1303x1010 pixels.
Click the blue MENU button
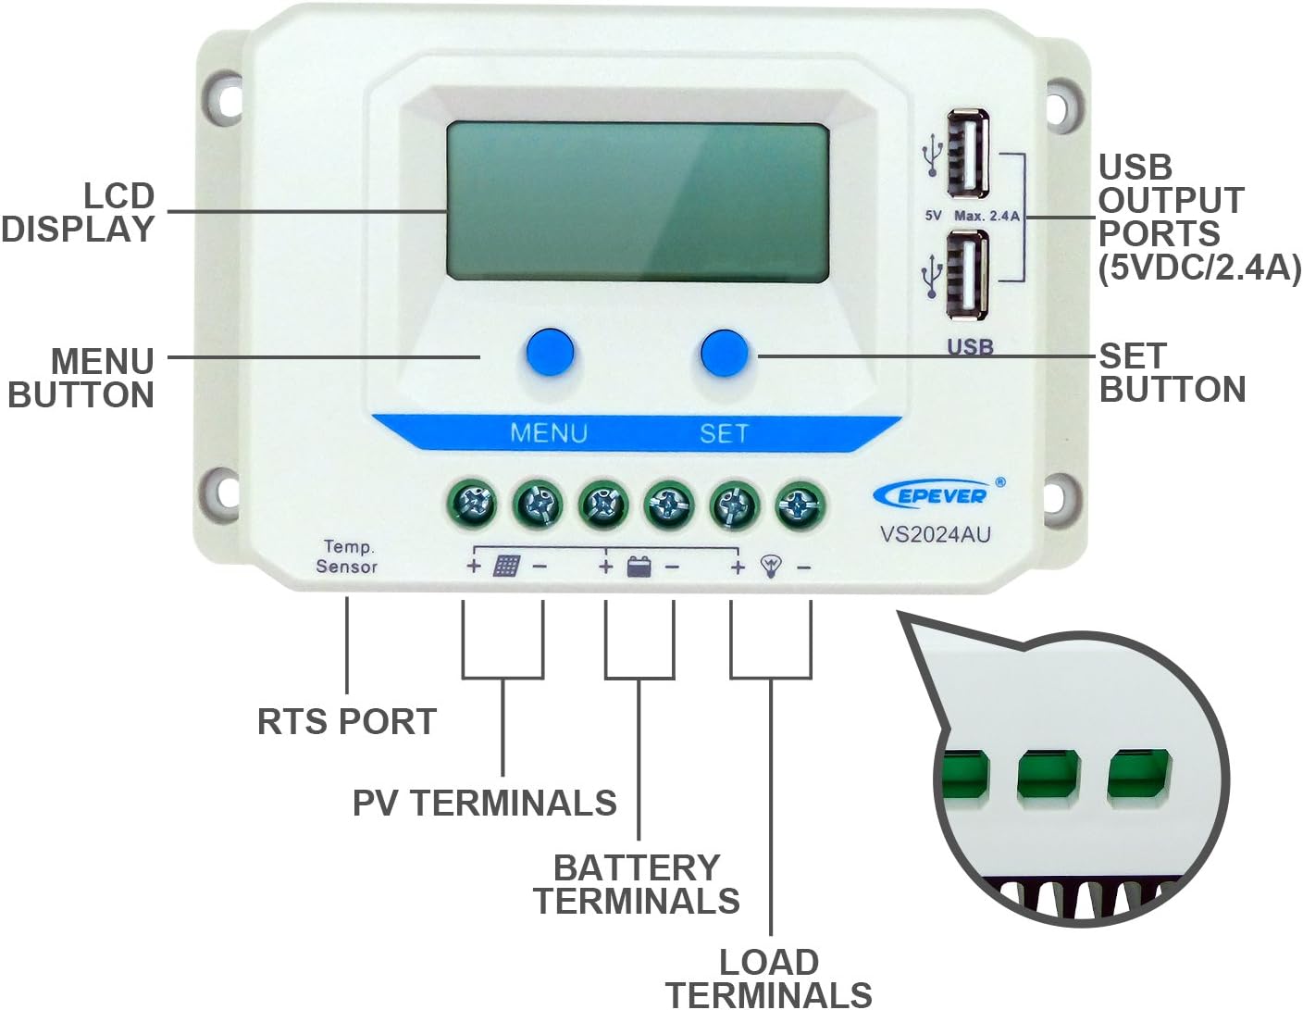[550, 352]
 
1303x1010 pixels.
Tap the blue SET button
[724, 352]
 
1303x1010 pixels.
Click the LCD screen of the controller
[637, 203]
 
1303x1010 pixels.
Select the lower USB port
[968, 275]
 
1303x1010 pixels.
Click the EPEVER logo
[933, 495]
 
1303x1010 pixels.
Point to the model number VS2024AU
[935, 534]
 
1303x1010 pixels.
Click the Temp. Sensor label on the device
[347, 556]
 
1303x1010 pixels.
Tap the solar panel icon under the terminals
[506, 566]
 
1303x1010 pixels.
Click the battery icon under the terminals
[639, 566]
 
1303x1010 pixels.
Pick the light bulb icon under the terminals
[770, 566]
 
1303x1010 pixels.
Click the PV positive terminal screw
[473, 505]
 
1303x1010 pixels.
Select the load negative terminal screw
[800, 505]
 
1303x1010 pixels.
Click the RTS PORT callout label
[346, 721]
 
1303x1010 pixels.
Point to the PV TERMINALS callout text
[484, 803]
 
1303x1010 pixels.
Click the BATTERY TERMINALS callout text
[637, 884]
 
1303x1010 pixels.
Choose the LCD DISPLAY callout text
[80, 213]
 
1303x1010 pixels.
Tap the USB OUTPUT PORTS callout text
[1198, 218]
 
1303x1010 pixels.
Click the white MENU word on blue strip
[549, 433]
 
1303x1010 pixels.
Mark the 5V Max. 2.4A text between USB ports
[972, 216]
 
